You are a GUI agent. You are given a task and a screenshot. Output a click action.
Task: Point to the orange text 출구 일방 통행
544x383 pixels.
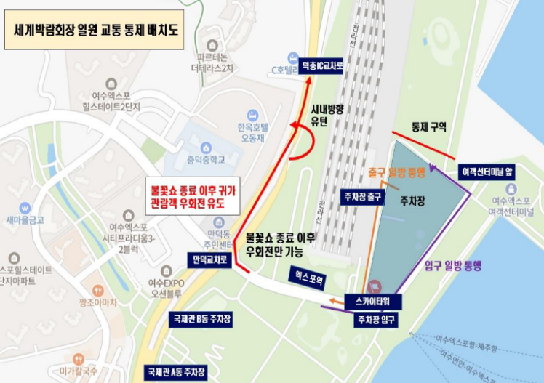click(396, 173)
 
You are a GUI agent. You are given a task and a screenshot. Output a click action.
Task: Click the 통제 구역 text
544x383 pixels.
click(428, 126)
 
